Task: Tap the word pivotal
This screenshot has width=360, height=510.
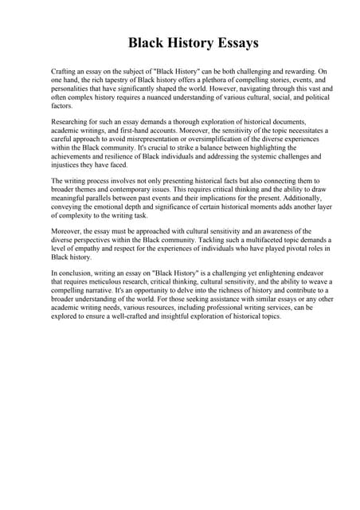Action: [x=276, y=248]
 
